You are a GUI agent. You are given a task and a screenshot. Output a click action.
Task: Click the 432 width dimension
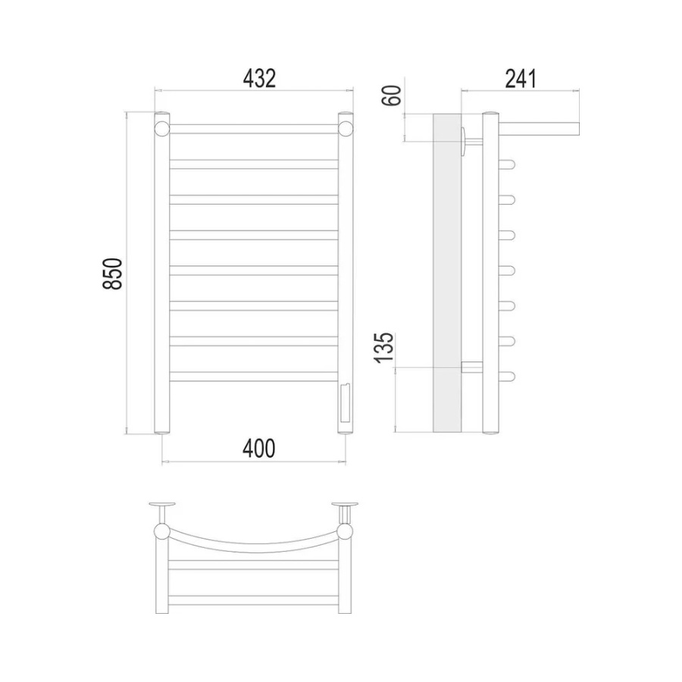259,79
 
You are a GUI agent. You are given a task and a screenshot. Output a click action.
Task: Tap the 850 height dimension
113,274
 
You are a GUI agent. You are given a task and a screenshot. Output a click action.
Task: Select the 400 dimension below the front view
259,449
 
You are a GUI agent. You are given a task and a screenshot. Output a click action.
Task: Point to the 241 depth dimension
521,79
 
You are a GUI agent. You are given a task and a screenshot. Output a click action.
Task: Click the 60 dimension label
392,95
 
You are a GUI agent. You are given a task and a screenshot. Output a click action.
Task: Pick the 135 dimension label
384,348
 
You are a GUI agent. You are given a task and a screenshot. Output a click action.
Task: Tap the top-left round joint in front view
162,129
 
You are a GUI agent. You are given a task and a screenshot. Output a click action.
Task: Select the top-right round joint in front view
346,129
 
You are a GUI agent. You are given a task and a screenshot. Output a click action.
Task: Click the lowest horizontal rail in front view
254,377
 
